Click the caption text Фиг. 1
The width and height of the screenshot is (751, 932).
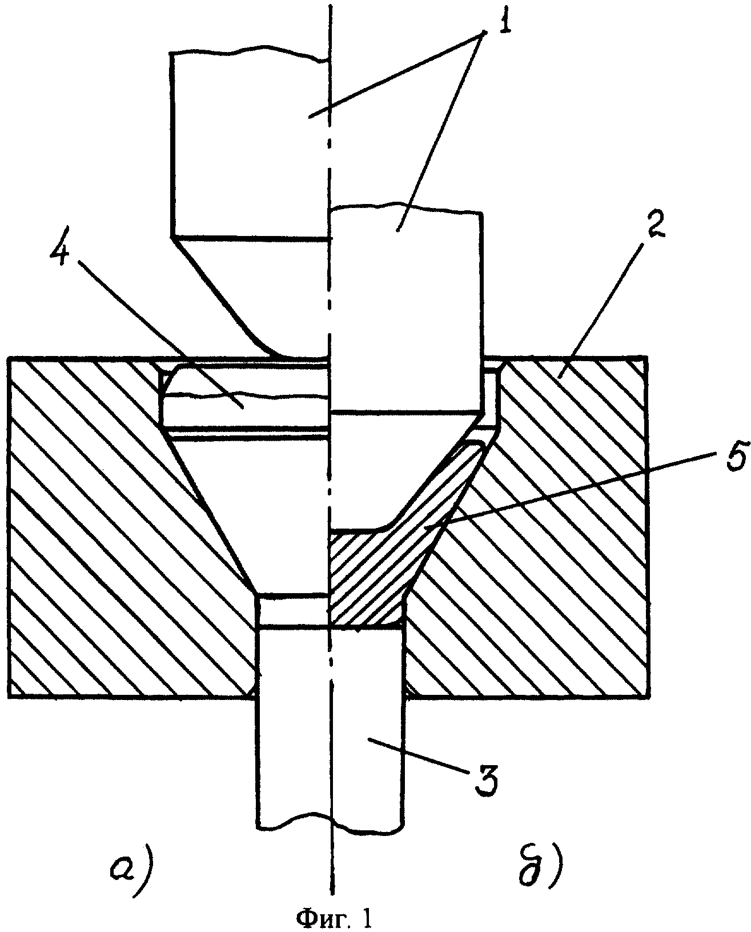click(x=334, y=917)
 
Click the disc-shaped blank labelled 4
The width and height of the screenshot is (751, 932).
click(x=244, y=397)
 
